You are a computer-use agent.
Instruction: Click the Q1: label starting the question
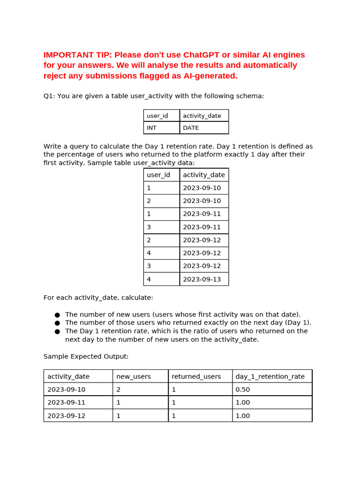[x=49, y=96]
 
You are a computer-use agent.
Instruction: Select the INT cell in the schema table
[x=152, y=127]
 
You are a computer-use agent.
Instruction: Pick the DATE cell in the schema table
[x=191, y=127]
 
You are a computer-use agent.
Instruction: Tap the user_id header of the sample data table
[x=158, y=174]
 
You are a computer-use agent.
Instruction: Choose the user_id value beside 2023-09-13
[x=149, y=279]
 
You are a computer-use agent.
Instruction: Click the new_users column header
[x=134, y=376]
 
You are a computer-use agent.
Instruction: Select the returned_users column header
[x=196, y=376]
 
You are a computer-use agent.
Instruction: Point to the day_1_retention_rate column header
[x=270, y=376]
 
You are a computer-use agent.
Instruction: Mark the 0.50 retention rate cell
[x=242, y=389]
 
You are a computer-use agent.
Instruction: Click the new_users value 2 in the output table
[x=119, y=389]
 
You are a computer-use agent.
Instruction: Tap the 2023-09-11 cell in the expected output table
[x=66, y=402]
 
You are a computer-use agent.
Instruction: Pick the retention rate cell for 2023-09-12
[x=242, y=415]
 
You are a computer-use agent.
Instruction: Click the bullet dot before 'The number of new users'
[x=57, y=315]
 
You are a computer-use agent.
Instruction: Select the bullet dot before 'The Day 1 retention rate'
[x=57, y=331]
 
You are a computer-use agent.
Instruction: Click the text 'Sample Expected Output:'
[x=86, y=356]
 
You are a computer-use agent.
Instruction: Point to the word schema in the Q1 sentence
[x=251, y=96]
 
